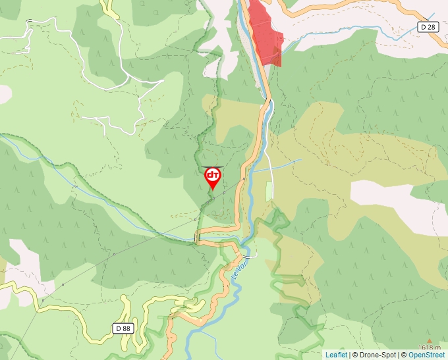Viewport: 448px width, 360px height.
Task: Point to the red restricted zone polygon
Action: (x=264, y=33)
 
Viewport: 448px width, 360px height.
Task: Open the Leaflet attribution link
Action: (x=336, y=355)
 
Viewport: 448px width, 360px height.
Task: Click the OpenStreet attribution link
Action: (x=426, y=355)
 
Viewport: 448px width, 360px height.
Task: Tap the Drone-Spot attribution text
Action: (x=377, y=355)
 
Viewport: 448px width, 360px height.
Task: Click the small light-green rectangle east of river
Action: (x=268, y=192)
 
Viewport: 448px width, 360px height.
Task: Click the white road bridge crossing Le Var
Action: (x=248, y=256)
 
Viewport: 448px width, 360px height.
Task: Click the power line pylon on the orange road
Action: (x=244, y=178)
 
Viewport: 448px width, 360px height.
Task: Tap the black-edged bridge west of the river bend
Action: (x=198, y=236)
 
